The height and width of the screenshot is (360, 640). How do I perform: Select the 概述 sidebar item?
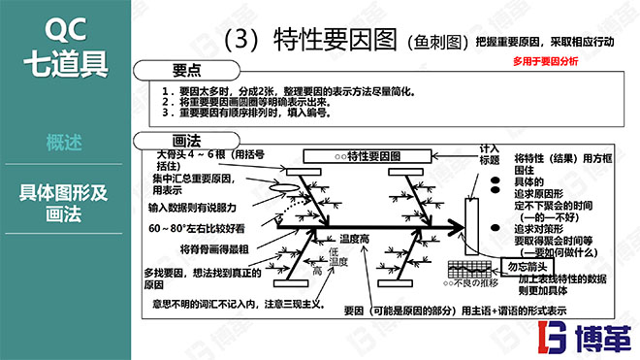64,143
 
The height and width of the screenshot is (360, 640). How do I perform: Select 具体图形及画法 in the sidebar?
64,201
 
